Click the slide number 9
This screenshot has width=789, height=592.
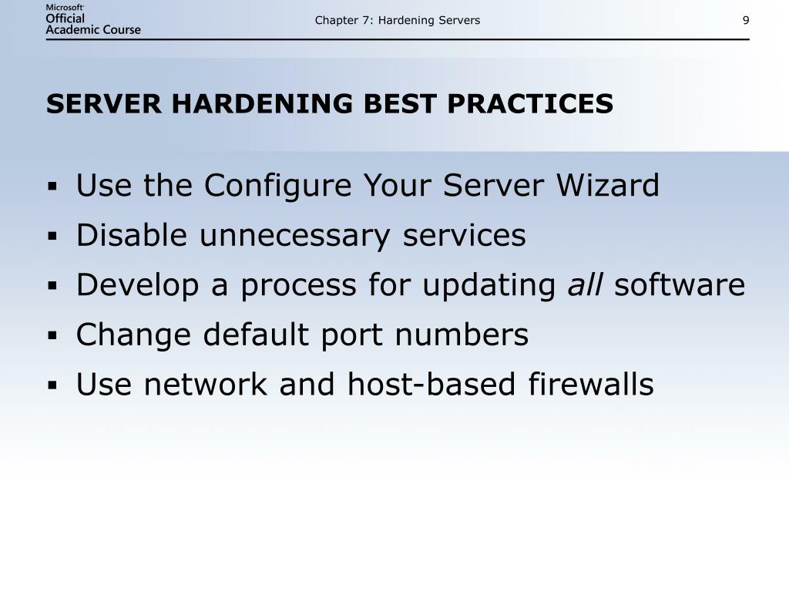click(x=746, y=20)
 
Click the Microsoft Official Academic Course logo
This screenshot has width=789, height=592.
click(x=93, y=19)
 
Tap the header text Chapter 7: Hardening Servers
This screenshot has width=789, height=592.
click(x=397, y=20)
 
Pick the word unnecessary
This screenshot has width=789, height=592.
click(x=296, y=236)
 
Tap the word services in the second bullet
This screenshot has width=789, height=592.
click(x=464, y=236)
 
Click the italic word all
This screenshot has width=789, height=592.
click(x=586, y=285)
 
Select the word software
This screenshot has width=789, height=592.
click(x=680, y=285)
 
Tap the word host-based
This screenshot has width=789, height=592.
click(x=432, y=384)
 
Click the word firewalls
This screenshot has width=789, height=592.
click(x=591, y=384)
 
